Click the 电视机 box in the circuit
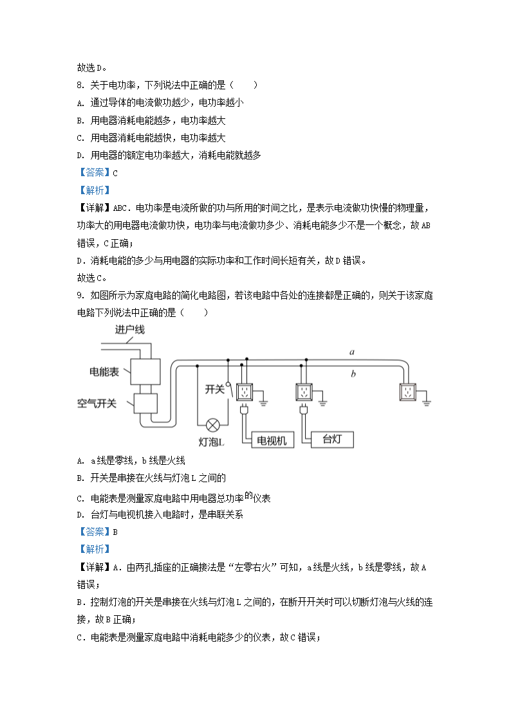click(275, 440)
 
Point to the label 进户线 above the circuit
click(129, 330)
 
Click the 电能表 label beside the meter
click(104, 372)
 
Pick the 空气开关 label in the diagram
click(97, 403)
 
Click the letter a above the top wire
click(352, 352)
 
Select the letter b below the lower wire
click(353, 373)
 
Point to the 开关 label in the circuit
click(214, 389)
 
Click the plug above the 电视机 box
click(245, 410)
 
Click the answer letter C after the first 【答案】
click(115, 172)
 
